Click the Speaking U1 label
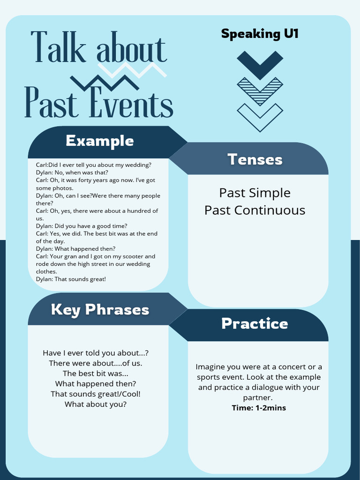[x=260, y=34]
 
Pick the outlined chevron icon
[x=260, y=117]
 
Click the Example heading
[x=100, y=141]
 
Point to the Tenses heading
[x=255, y=159]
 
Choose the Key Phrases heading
[x=100, y=309]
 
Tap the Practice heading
[x=255, y=323]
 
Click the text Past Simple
[x=255, y=193]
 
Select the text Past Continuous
[x=255, y=210]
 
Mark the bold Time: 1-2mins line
[x=259, y=408]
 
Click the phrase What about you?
[x=96, y=404]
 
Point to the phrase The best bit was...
[x=96, y=373]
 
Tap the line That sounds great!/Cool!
[x=96, y=394]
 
